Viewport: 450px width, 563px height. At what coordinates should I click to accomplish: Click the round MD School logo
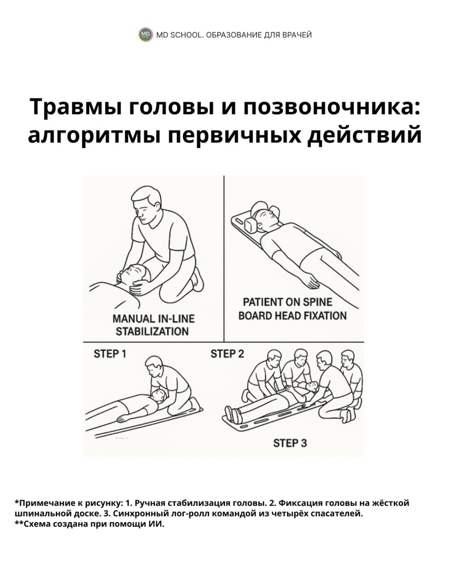[x=145, y=35]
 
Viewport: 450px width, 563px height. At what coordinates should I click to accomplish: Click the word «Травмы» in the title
[x=76, y=107]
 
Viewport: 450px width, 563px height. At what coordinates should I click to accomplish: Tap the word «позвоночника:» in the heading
[x=331, y=107]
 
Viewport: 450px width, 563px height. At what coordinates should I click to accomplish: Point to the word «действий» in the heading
[x=364, y=135]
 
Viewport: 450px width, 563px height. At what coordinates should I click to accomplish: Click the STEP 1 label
[x=110, y=354]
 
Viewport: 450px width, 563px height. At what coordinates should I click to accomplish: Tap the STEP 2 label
[x=227, y=354]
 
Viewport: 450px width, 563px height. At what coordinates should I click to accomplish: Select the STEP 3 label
[x=290, y=443]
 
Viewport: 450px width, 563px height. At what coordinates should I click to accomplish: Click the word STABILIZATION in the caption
[x=152, y=332]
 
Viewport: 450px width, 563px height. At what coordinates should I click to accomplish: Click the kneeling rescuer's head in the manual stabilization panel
[x=145, y=201]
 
